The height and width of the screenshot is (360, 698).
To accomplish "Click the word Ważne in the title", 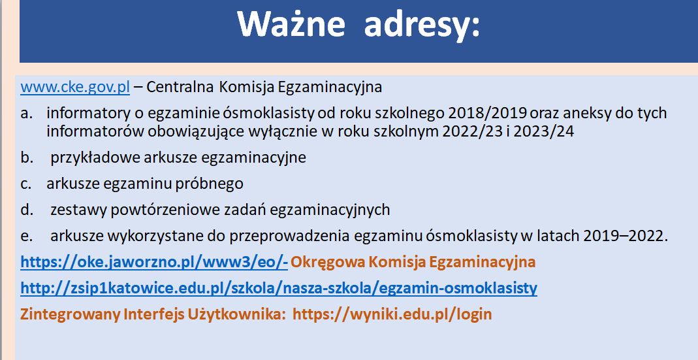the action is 291,24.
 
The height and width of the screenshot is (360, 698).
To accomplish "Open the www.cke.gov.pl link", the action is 75,88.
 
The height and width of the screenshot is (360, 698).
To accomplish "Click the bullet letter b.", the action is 27,157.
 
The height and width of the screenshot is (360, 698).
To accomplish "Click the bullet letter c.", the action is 26,184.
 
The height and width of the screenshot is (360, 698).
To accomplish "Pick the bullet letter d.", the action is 27,210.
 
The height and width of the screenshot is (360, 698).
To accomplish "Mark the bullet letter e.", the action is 27,237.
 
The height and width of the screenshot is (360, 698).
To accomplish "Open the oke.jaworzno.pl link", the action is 154,263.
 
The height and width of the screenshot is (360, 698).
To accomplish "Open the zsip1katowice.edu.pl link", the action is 279,289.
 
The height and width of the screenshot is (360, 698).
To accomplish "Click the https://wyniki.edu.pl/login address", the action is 392,314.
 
